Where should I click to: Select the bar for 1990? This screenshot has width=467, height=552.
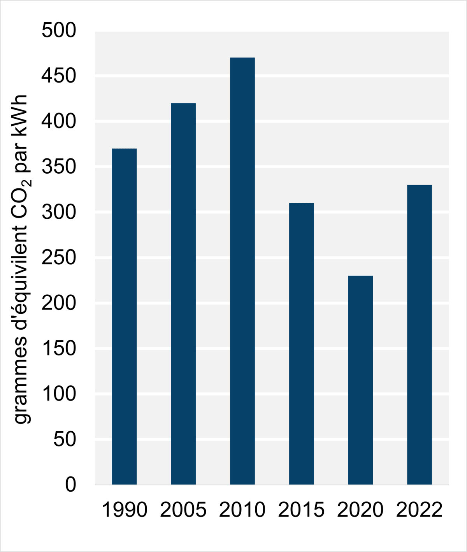(124, 316)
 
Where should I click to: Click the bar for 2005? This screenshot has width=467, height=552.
(183, 294)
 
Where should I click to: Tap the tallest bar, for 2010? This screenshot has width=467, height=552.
(242, 271)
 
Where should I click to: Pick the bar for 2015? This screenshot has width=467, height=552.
(301, 343)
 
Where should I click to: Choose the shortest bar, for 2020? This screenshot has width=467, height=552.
(360, 380)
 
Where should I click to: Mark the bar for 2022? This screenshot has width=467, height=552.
(419, 334)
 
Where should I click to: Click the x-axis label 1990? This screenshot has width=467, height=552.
(124, 510)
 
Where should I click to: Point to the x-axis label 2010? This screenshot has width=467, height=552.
(242, 510)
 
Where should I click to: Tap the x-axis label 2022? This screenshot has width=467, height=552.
(419, 510)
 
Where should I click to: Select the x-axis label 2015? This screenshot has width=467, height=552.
(301, 510)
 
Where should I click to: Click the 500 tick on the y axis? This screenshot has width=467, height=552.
(59, 30)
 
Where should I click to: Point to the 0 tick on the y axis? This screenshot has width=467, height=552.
(70, 485)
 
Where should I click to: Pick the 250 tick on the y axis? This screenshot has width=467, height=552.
(59, 257)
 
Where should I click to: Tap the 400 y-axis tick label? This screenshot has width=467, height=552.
(59, 121)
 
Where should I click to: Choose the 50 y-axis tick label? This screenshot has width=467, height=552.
(65, 439)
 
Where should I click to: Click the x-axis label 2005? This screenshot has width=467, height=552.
(183, 510)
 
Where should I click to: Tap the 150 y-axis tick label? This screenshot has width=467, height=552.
(59, 348)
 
